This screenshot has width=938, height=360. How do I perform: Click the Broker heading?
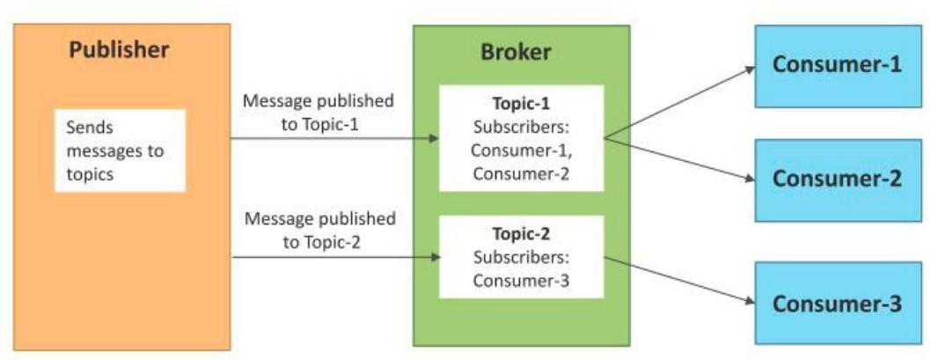click(x=516, y=52)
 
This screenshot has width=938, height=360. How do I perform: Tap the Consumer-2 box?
click(x=837, y=179)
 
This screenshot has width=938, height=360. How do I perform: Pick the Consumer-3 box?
click(x=837, y=305)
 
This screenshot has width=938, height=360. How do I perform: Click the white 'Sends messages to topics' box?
click(x=120, y=151)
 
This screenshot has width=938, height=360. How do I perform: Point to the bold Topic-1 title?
click(x=522, y=104)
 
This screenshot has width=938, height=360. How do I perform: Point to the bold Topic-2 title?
click(x=522, y=235)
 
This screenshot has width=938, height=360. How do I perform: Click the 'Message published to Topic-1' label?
click(x=319, y=112)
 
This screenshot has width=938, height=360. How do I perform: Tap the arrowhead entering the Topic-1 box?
click(x=434, y=139)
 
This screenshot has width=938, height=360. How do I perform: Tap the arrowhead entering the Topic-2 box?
click(x=434, y=257)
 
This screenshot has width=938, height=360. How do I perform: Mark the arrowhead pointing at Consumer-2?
click(x=749, y=180)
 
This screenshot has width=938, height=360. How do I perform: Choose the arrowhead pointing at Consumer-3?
click(x=749, y=303)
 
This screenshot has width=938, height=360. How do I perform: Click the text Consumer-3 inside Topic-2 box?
click(x=522, y=281)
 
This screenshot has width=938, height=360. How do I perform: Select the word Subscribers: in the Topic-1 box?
click(x=522, y=127)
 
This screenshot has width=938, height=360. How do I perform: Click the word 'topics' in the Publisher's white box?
click(x=90, y=174)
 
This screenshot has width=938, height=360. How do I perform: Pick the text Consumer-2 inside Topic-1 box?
click(x=522, y=173)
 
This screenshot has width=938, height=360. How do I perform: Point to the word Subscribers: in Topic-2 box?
click(x=522, y=258)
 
